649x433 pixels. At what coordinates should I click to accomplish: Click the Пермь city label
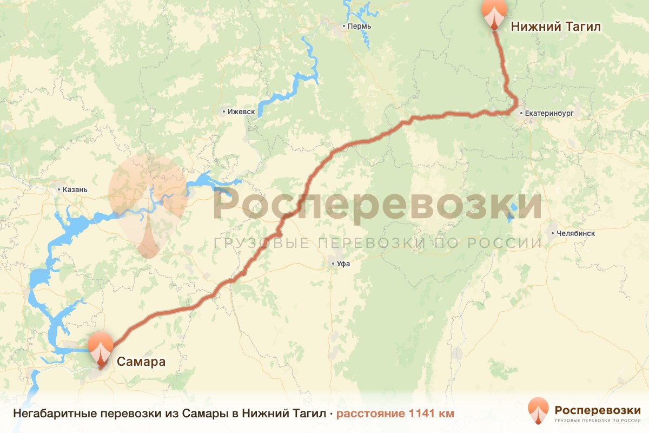(359, 26)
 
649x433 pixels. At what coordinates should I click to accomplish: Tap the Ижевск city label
(242, 112)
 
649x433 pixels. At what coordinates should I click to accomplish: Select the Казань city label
(75, 190)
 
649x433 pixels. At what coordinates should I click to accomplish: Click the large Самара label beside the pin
(141, 361)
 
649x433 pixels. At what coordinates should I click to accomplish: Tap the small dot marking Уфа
(334, 264)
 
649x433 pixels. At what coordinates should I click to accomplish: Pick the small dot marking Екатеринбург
(521, 114)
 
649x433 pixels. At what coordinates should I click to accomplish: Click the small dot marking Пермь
(344, 26)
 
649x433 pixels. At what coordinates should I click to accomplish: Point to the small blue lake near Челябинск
(511, 212)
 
